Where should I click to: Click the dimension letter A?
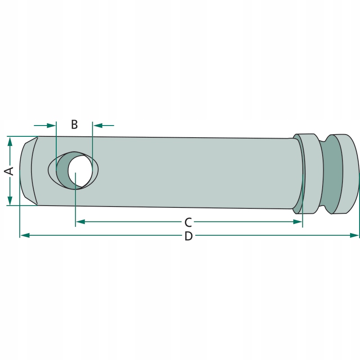[9, 171]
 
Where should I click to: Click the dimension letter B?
[74, 125]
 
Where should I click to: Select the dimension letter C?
[188, 222]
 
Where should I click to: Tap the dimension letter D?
[189, 236]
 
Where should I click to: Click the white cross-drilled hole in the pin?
[80, 171]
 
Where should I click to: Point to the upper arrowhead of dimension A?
[9, 142]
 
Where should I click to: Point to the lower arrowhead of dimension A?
[9, 200]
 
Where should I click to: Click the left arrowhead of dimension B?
[51, 126]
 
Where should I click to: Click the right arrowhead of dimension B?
[98, 126]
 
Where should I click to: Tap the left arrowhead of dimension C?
[81, 222]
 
